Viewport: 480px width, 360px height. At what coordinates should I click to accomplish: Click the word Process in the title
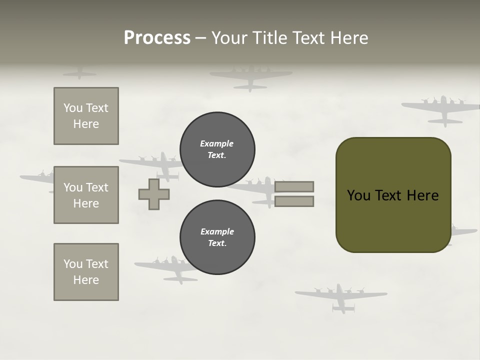tap(157, 38)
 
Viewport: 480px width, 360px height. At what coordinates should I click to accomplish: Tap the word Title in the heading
tap(270, 38)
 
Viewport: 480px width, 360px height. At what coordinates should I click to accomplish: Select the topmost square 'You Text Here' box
tap(86, 116)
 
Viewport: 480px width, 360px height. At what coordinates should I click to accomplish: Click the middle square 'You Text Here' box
tap(86, 195)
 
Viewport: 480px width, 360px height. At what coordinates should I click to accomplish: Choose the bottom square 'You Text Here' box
tap(86, 272)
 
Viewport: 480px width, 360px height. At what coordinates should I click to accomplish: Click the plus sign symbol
tap(154, 194)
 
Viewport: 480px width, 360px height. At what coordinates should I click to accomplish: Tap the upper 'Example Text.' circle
tap(217, 149)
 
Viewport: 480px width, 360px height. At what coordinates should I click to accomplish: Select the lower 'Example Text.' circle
tap(217, 237)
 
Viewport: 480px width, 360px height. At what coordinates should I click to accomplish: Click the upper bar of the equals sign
tap(294, 186)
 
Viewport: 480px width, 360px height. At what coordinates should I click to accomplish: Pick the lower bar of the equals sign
tap(294, 201)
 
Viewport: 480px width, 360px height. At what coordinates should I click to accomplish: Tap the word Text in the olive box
tap(389, 195)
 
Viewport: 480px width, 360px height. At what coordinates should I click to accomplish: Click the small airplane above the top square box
tap(79, 73)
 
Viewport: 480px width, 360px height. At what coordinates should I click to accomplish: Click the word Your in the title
tap(230, 38)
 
